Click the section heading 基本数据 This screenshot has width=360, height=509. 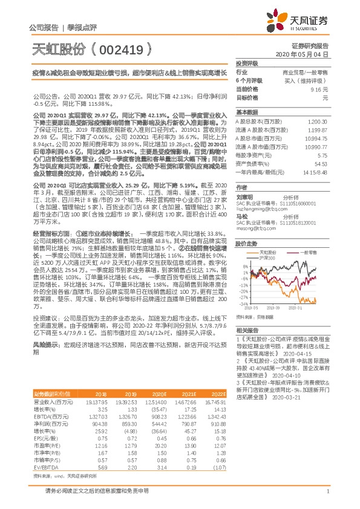tap(246, 112)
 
